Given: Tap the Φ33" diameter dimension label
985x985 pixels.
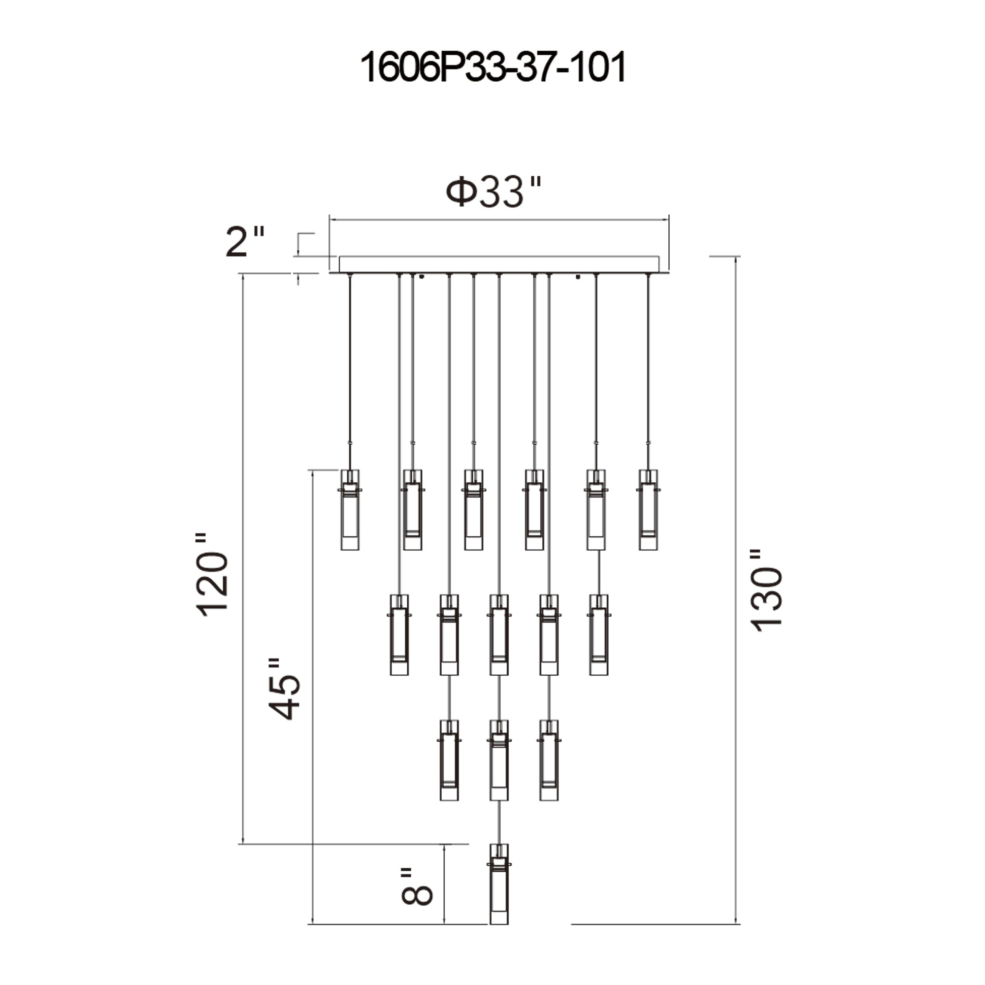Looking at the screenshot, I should click(x=492, y=192).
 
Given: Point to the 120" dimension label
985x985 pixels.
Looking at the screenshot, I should click(x=212, y=576).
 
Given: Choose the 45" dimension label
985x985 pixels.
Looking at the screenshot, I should click(x=284, y=689).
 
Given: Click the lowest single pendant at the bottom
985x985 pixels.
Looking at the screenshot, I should click(x=498, y=890).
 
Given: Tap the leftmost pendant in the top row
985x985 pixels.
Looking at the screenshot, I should click(x=350, y=510).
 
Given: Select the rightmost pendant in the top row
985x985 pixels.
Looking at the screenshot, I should click(x=648, y=510).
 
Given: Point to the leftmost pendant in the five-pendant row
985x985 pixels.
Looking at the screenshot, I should click(x=399, y=635).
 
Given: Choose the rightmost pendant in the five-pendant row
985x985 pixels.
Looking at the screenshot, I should click(x=598, y=635).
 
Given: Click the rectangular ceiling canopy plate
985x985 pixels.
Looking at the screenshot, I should click(x=498, y=264).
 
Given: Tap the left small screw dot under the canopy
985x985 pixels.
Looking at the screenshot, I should click(x=422, y=277).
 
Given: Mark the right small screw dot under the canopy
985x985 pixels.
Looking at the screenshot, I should click(x=578, y=277).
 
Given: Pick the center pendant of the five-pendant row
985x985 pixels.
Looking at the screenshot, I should click(x=498, y=635).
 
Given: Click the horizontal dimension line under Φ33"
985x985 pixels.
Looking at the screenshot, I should click(x=498, y=220).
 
